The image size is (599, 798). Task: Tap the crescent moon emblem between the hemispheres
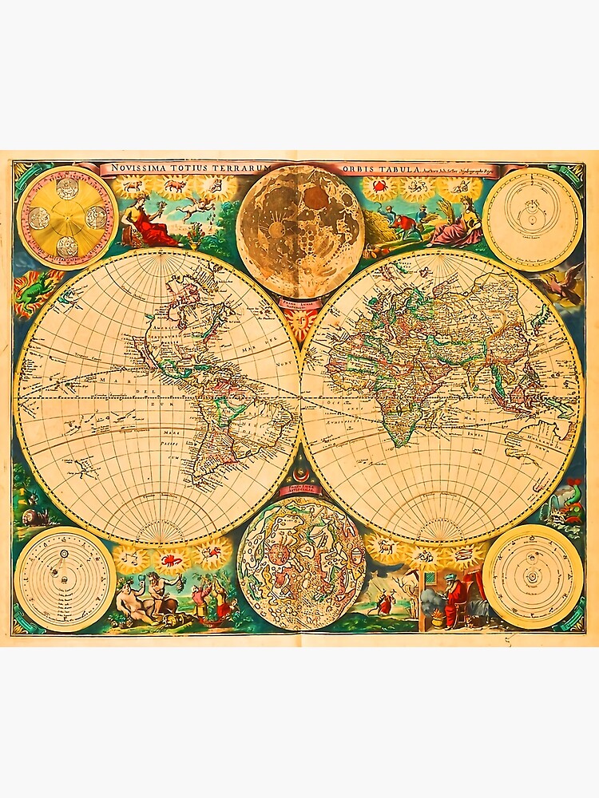[x=301, y=470]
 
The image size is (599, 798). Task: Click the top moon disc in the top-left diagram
[x=68, y=188]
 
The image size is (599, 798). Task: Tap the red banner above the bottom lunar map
[x=301, y=488]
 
